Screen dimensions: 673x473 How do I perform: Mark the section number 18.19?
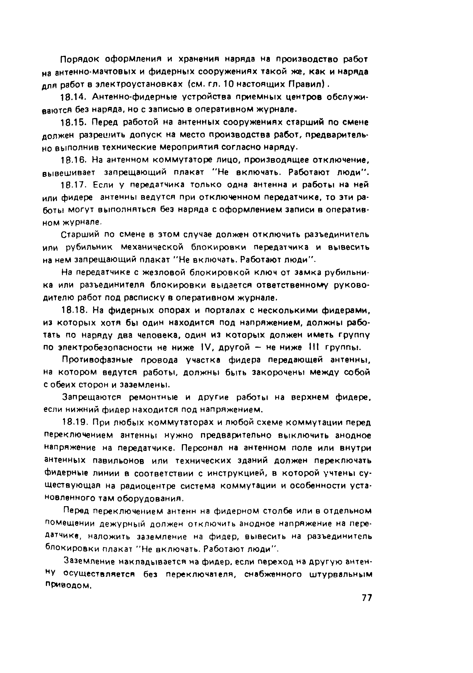click(x=75, y=423)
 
